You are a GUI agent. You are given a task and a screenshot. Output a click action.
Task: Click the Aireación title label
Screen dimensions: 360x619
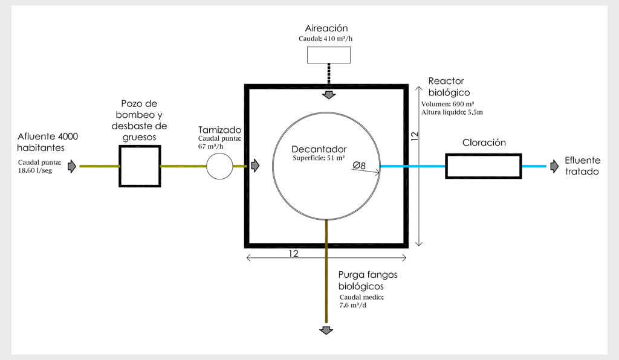pos(327,28)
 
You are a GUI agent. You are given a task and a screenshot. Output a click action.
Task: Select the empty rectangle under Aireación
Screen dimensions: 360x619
pos(329,55)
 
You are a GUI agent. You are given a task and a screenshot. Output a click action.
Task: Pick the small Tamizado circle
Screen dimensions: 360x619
pos(219,166)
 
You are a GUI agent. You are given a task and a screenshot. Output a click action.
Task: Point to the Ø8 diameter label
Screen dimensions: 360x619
pos(359,165)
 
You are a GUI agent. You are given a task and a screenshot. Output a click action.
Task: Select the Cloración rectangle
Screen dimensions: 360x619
pos(483,166)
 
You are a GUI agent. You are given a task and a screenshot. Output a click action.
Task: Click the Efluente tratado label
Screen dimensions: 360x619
pos(582,166)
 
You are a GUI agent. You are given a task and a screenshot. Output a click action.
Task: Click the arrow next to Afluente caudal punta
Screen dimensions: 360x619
pos(72,166)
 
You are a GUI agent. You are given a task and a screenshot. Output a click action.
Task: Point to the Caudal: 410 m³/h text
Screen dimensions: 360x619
pos(327,39)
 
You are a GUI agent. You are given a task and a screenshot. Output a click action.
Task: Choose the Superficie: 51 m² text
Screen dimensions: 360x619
pos(318,158)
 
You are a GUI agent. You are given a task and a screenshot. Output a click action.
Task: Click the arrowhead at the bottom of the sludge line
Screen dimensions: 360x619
pos(326,330)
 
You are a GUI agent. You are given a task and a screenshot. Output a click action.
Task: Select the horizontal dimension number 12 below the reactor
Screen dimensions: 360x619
pos(294,254)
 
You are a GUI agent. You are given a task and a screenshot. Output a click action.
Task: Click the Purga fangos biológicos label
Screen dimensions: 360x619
pos(368,280)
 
